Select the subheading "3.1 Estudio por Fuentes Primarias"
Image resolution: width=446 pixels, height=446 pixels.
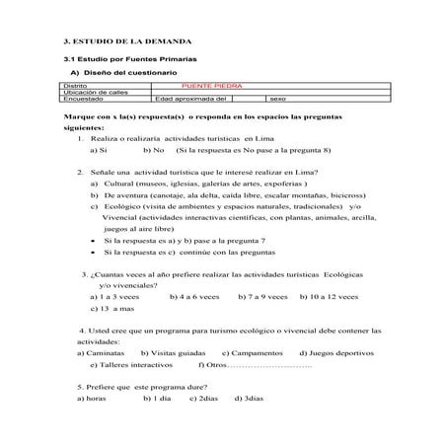(x=116, y=61)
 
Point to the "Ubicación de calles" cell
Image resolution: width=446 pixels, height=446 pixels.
(x=93, y=92)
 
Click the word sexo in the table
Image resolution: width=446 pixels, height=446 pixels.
(x=277, y=99)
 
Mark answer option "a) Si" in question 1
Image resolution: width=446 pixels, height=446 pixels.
(x=98, y=150)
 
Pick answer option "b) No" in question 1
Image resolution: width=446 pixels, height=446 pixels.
(x=152, y=150)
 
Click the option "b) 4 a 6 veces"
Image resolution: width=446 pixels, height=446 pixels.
(x=194, y=296)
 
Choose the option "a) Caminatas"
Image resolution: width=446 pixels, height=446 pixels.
(x=101, y=352)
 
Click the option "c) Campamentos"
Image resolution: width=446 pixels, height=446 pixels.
(x=254, y=352)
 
